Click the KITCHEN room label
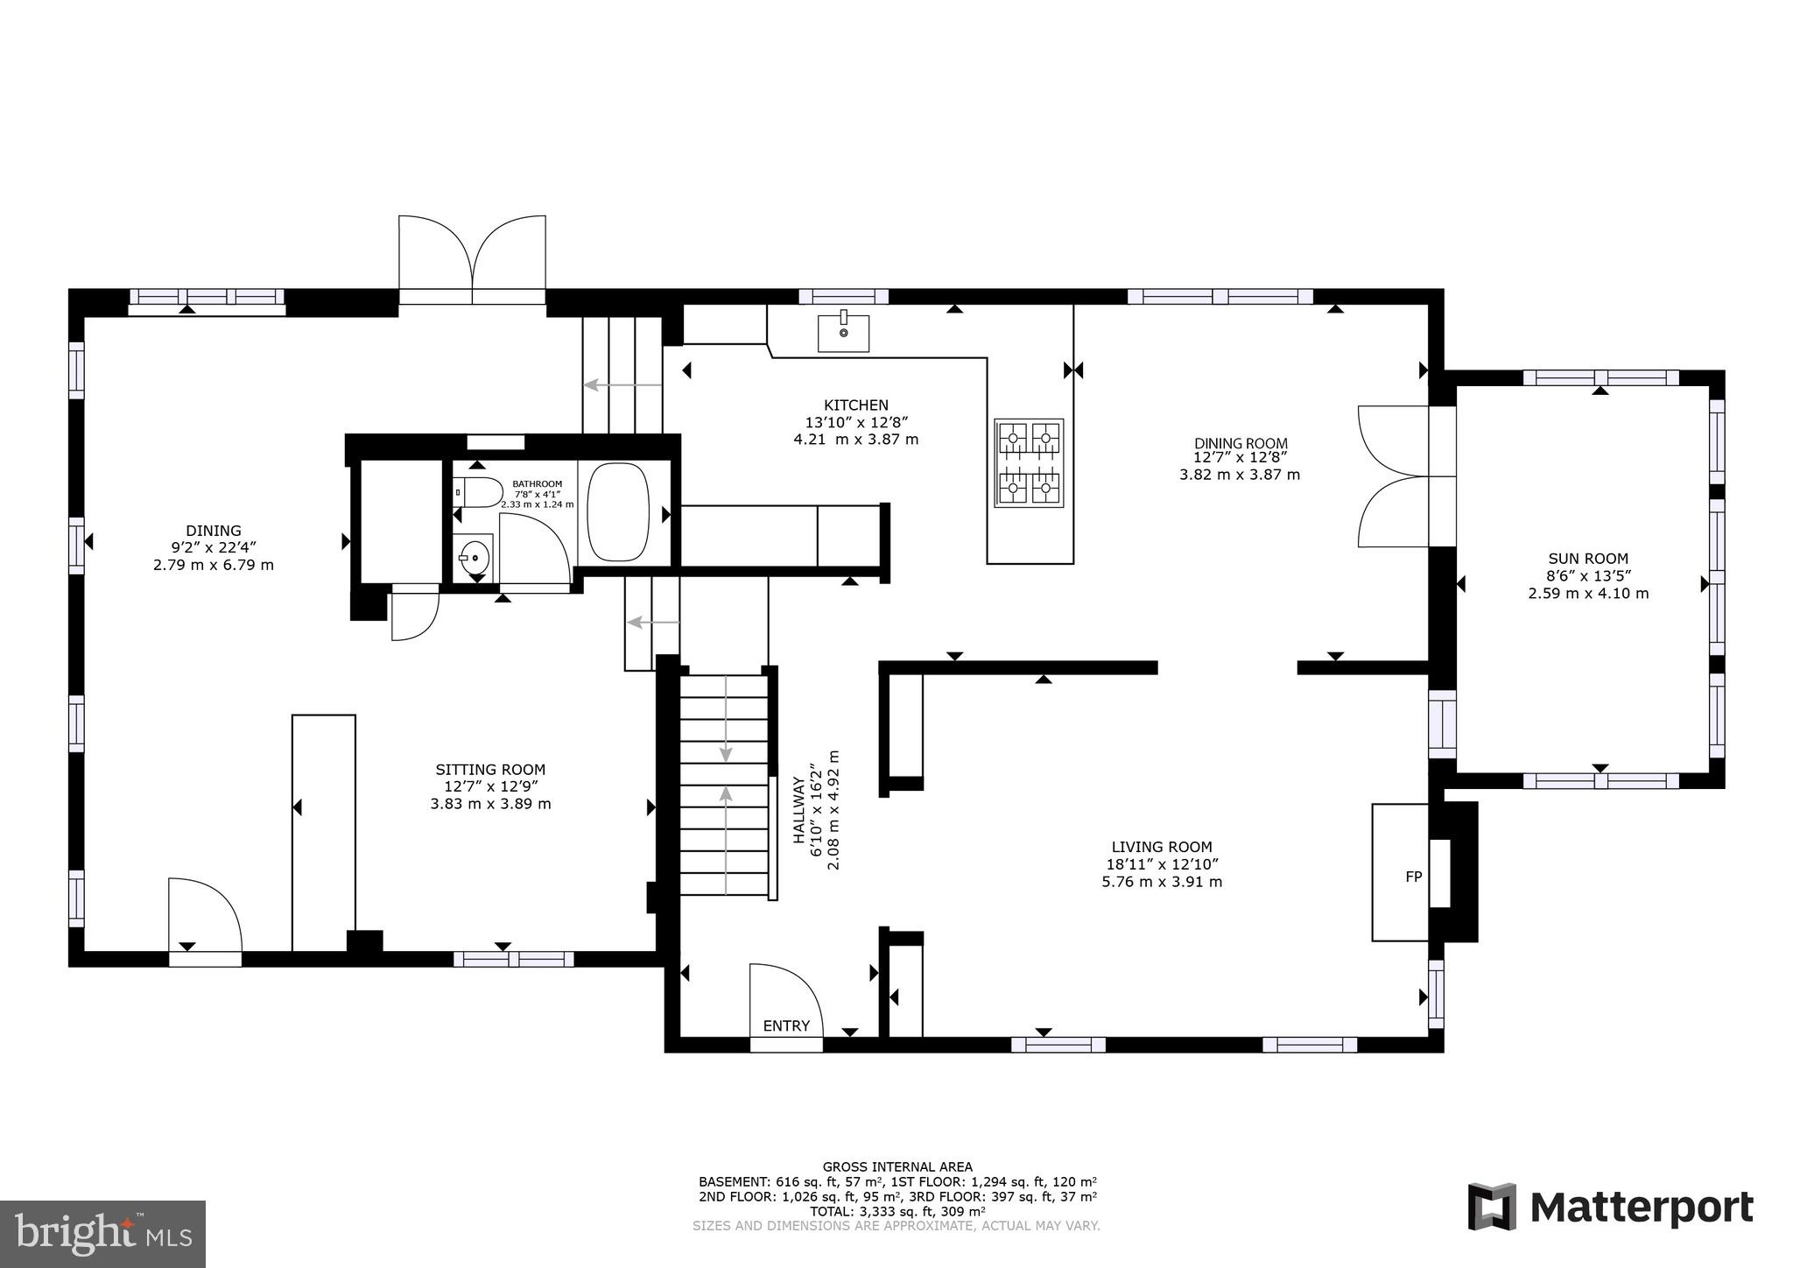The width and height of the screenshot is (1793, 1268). [855, 405]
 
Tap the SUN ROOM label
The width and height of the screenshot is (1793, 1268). [1588, 559]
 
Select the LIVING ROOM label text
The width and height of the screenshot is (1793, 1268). [1162, 847]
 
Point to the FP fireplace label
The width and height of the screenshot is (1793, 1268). [1413, 877]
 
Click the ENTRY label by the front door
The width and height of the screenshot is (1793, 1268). [786, 1026]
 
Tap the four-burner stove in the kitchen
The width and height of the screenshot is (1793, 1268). [1029, 462]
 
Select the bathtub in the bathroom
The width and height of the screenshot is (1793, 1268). [618, 512]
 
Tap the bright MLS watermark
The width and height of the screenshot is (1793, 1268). [102, 1234]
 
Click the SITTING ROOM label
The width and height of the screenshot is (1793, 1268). [490, 770]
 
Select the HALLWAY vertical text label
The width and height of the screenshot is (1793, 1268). [798, 810]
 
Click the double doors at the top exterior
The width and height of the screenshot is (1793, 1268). [472, 261]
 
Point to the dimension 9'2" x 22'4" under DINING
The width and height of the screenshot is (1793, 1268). [213, 548]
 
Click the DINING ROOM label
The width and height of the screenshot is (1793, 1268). [1241, 444]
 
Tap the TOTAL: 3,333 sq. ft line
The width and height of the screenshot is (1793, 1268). [897, 1212]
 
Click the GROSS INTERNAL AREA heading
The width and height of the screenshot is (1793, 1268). [896, 1166]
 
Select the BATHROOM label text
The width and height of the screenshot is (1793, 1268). [537, 483]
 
